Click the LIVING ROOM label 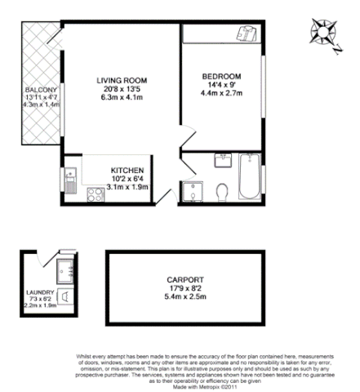click(x=122, y=80)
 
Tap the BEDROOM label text click(x=222, y=77)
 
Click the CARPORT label click(x=181, y=279)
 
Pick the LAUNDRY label click(x=40, y=292)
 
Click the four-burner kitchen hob click(x=94, y=195)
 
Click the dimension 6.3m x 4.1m click(x=122, y=98)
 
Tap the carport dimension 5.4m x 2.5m click(x=181, y=297)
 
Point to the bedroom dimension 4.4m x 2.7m click(x=222, y=94)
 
